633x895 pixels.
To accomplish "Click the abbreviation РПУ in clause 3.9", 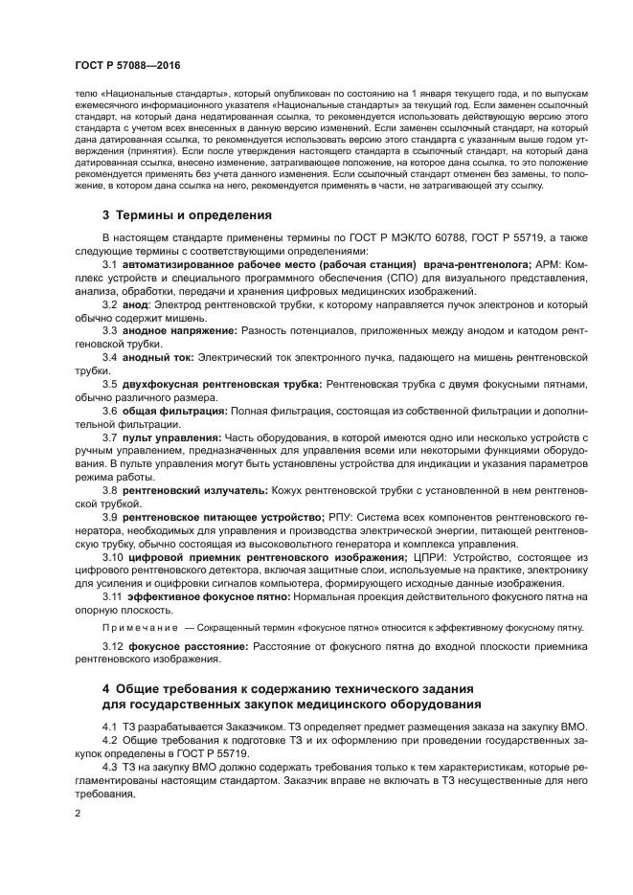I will (343, 517).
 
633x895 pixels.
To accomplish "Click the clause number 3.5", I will (109, 383).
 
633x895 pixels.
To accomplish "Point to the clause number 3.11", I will (113, 596).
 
